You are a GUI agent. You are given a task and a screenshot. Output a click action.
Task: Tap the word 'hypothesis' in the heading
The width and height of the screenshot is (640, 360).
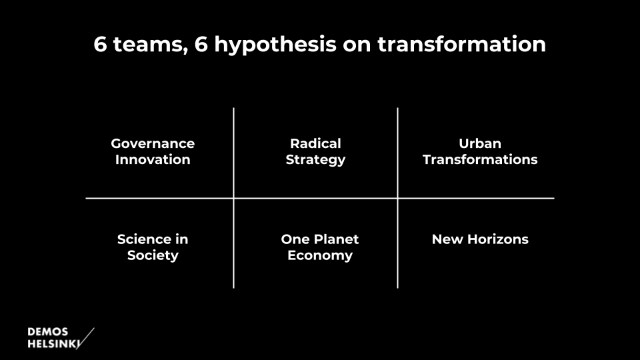pyautogui.click(x=275, y=45)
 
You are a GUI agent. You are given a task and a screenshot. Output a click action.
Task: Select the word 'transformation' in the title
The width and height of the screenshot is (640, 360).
pyautogui.click(x=461, y=44)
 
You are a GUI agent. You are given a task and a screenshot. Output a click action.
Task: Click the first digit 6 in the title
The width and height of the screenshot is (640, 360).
pyautogui.click(x=100, y=44)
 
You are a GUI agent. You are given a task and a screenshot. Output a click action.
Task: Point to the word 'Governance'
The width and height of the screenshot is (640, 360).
pyautogui.click(x=153, y=144)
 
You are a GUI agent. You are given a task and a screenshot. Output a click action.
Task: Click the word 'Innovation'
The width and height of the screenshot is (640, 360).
pyautogui.click(x=153, y=159)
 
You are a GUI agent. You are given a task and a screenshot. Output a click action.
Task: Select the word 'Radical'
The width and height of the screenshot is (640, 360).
pyautogui.click(x=315, y=144)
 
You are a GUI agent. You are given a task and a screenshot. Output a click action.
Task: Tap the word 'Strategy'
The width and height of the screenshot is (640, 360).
pyautogui.click(x=315, y=160)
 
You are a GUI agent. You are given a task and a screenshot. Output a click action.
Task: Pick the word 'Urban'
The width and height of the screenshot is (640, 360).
pyautogui.click(x=480, y=144)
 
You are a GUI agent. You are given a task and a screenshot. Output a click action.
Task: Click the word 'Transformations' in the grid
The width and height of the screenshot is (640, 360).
pyautogui.click(x=480, y=159)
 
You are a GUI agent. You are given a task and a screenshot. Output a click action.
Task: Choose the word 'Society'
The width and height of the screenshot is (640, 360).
pyautogui.click(x=153, y=256)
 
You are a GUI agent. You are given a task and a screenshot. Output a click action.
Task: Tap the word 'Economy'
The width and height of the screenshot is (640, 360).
pyautogui.click(x=320, y=256)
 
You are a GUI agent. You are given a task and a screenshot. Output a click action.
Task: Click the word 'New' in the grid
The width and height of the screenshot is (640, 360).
pyautogui.click(x=447, y=239)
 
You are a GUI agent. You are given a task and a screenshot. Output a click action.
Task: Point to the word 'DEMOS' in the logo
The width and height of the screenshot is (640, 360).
pyautogui.click(x=48, y=332)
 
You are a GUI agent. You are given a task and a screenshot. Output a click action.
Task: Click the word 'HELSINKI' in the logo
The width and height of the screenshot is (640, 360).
pyautogui.click(x=53, y=344)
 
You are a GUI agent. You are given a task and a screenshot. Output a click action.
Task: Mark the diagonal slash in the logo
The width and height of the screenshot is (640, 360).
pyautogui.click(x=85, y=339)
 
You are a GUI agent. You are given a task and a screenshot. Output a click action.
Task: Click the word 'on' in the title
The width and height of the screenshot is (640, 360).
pyautogui.click(x=356, y=46)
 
